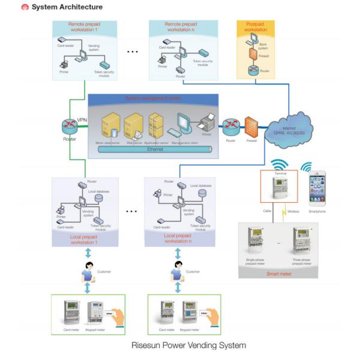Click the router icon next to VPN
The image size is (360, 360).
point(68,127)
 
